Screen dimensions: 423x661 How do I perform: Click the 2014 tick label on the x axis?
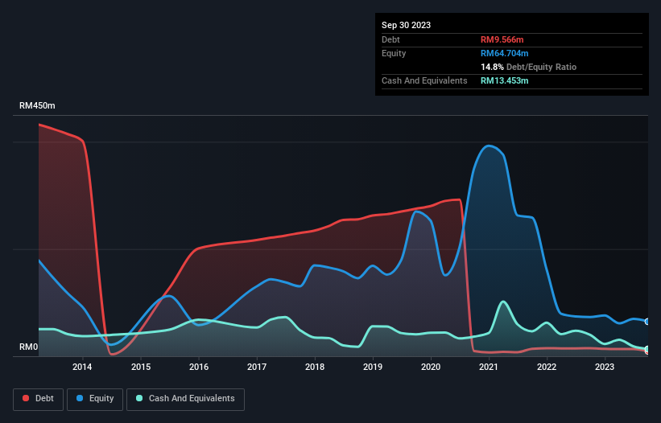pyautogui.click(x=82, y=368)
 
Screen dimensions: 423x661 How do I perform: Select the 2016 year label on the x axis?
pyautogui.click(x=199, y=368)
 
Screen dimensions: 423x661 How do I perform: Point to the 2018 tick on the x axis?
pyautogui.click(x=315, y=368)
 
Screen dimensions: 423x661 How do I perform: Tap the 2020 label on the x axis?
pyautogui.click(x=431, y=368)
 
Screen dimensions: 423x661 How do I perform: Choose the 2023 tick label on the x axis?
pyautogui.click(x=605, y=368)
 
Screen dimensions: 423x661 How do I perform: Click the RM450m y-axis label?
pyautogui.click(x=38, y=106)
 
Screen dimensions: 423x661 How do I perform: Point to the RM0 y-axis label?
pyautogui.click(x=28, y=347)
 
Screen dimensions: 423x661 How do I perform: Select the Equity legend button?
pyautogui.click(x=96, y=399)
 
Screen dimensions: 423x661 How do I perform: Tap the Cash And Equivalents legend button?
pyautogui.click(x=185, y=399)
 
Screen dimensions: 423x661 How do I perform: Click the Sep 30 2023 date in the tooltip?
pyautogui.click(x=406, y=25)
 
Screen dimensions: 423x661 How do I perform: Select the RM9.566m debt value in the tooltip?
pyautogui.click(x=504, y=39)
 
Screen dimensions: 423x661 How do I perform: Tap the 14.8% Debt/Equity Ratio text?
pyautogui.click(x=528, y=67)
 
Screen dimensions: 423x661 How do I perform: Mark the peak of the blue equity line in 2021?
pyautogui.click(x=489, y=146)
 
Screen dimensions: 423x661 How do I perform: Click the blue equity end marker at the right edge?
pyautogui.click(x=647, y=321)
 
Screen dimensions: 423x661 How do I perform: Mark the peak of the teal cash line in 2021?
pyautogui.click(x=503, y=302)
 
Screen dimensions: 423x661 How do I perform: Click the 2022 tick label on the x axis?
pyautogui.click(x=547, y=368)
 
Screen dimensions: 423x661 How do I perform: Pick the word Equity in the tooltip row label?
pyautogui.click(x=395, y=53)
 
